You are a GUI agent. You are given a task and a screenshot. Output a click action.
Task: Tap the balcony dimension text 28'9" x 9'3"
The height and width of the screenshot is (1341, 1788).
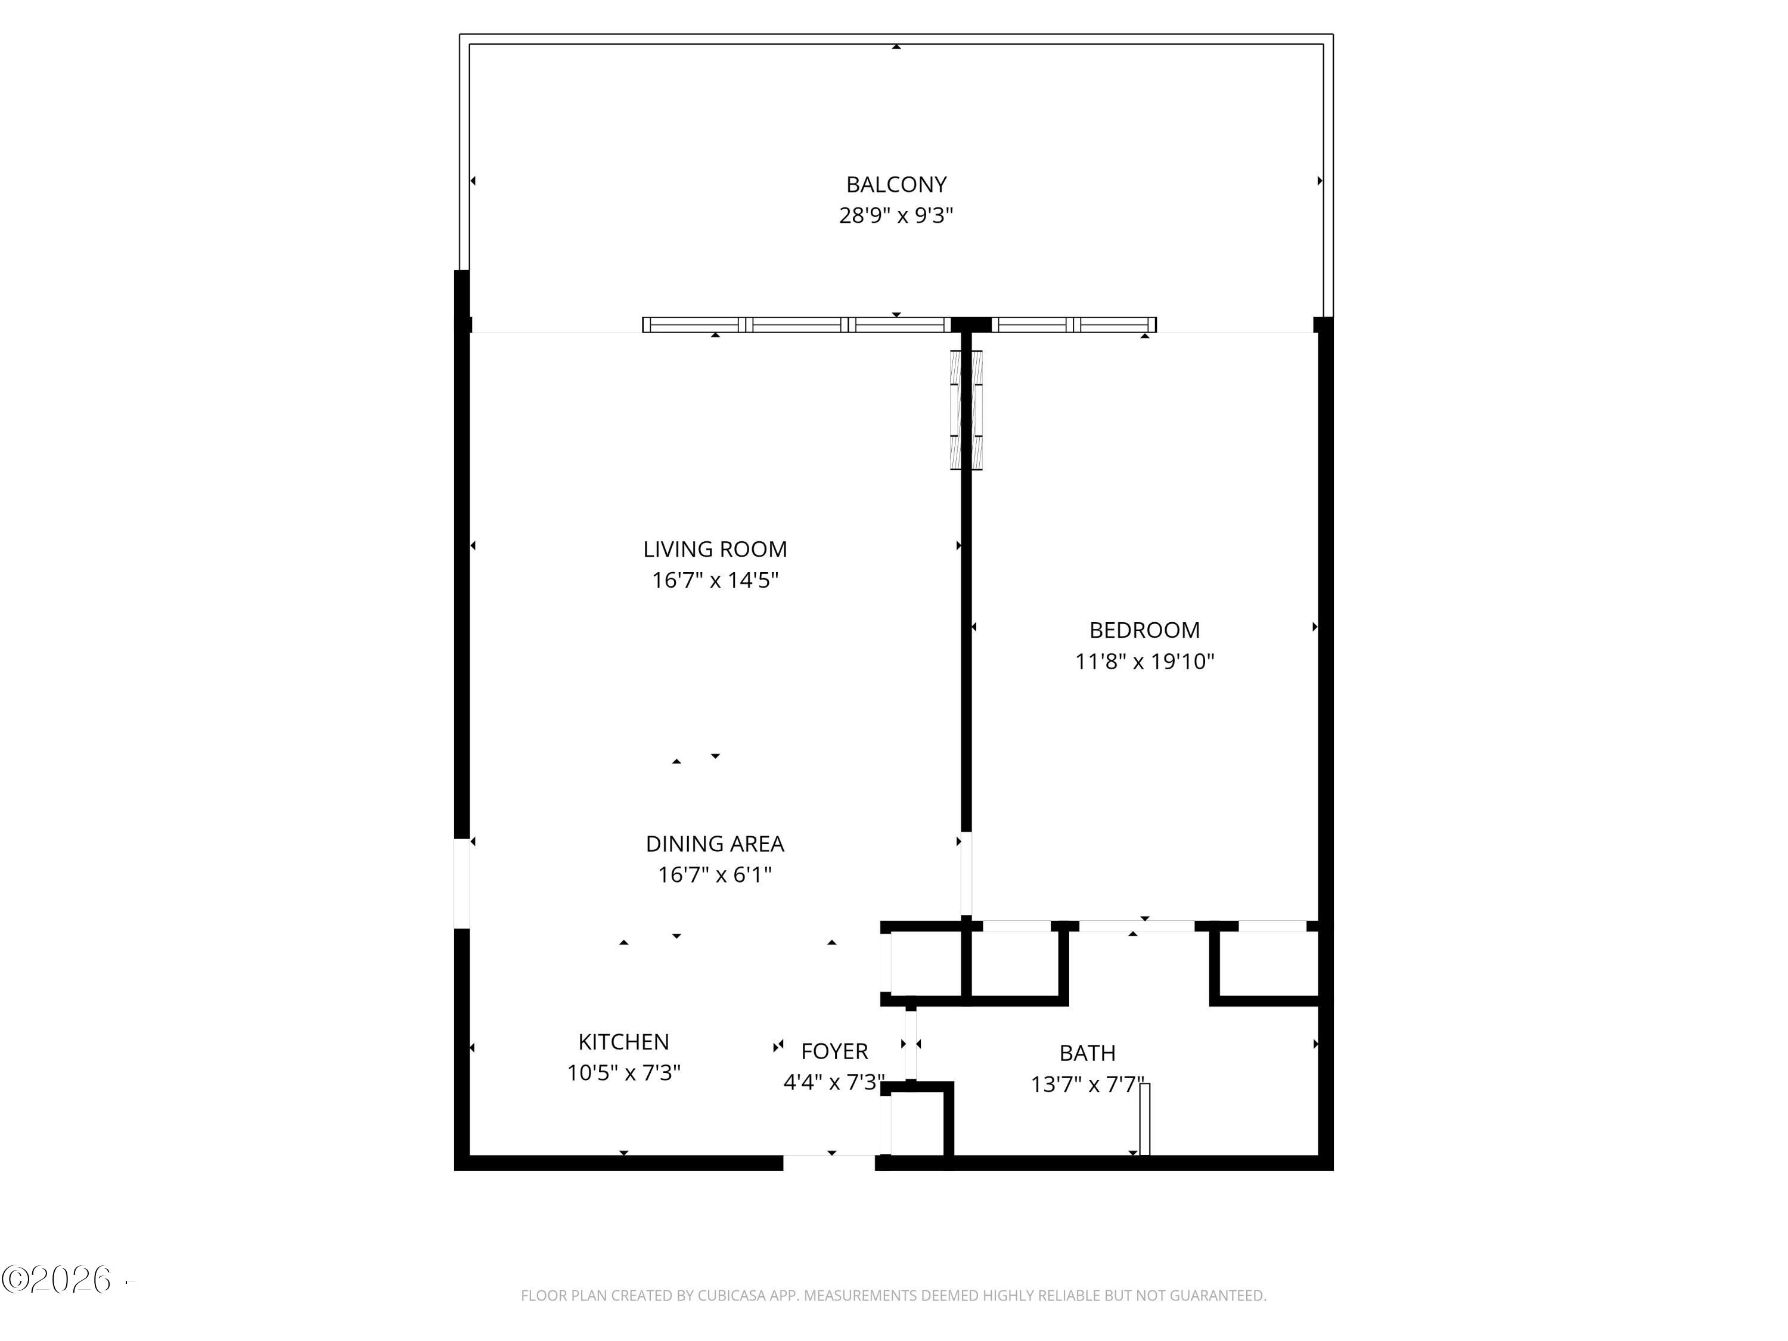896,216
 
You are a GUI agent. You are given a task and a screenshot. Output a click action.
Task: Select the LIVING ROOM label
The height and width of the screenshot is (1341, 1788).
715,549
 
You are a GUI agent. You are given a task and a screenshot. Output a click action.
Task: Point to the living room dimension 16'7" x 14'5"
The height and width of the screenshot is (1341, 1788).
715,581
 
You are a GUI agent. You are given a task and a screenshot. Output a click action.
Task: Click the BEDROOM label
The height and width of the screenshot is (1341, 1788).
1144,630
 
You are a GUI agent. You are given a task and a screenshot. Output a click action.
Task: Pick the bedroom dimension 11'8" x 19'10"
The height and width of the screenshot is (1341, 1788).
1144,662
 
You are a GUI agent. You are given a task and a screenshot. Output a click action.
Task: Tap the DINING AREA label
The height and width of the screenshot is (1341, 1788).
715,843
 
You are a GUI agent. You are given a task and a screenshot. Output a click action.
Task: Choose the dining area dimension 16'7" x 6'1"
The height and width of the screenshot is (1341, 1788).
715,874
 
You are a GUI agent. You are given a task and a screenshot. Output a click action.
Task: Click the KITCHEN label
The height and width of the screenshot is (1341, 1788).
623,1041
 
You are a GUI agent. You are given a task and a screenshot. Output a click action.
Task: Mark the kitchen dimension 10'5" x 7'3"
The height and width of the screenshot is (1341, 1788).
623,1073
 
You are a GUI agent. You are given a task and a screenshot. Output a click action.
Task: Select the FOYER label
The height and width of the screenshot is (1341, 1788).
834,1051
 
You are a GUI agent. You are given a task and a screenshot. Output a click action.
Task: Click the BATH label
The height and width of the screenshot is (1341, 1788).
1087,1053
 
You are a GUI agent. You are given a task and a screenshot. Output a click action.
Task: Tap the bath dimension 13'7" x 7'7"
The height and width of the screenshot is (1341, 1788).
1087,1084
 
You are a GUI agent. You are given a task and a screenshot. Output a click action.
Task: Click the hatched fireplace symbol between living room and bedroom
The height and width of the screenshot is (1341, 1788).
966,410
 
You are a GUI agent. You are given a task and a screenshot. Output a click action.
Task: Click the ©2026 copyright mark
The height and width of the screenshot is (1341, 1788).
57,1280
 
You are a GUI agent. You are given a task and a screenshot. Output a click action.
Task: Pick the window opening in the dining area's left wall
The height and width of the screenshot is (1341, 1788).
461,883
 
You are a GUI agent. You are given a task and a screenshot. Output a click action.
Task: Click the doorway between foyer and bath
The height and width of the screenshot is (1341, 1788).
911,1044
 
